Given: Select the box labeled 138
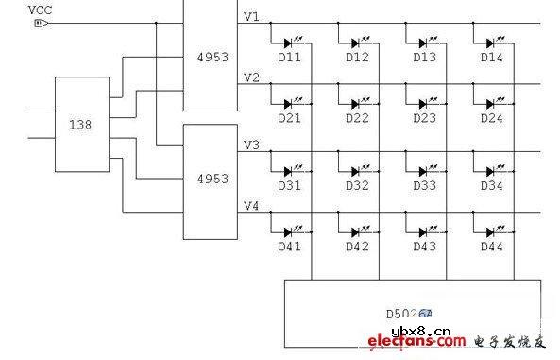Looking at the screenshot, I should (x=83, y=123).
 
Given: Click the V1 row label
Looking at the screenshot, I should (x=251, y=16).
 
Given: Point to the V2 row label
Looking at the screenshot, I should (x=251, y=77).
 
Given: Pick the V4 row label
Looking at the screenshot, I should (x=251, y=205).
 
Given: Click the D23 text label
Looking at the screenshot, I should (x=425, y=118).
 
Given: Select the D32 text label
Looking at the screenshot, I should (x=357, y=185).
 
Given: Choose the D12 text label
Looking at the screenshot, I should (x=357, y=59).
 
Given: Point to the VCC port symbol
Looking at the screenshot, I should (x=40, y=25).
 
